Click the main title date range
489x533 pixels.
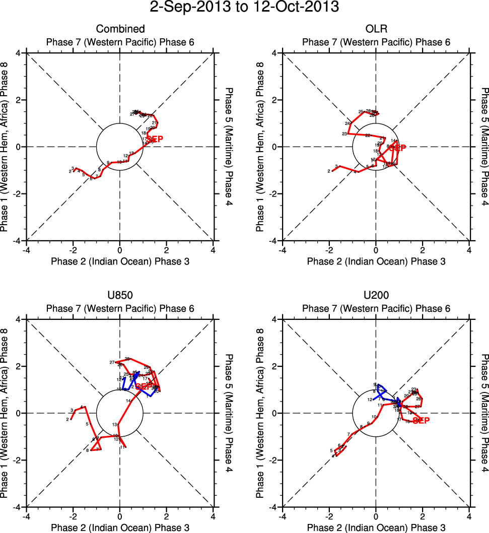244,8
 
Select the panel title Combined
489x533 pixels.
120,29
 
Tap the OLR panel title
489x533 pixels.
376,29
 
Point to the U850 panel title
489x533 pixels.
120,296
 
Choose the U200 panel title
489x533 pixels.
376,296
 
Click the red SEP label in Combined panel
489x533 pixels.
155,139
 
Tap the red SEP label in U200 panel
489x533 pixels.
421,421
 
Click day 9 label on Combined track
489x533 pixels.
108,162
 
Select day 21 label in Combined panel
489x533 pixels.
154,122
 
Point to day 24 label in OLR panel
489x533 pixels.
347,123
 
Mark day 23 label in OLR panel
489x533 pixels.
344,134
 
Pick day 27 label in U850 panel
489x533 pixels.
112,362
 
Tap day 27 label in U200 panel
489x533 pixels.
417,406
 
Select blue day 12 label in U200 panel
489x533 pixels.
370,399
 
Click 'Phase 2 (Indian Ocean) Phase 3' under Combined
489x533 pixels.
120,261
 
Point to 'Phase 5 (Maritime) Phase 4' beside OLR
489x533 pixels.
484,147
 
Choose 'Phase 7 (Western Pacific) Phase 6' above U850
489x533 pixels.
120,308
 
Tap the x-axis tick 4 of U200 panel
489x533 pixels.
469,516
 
